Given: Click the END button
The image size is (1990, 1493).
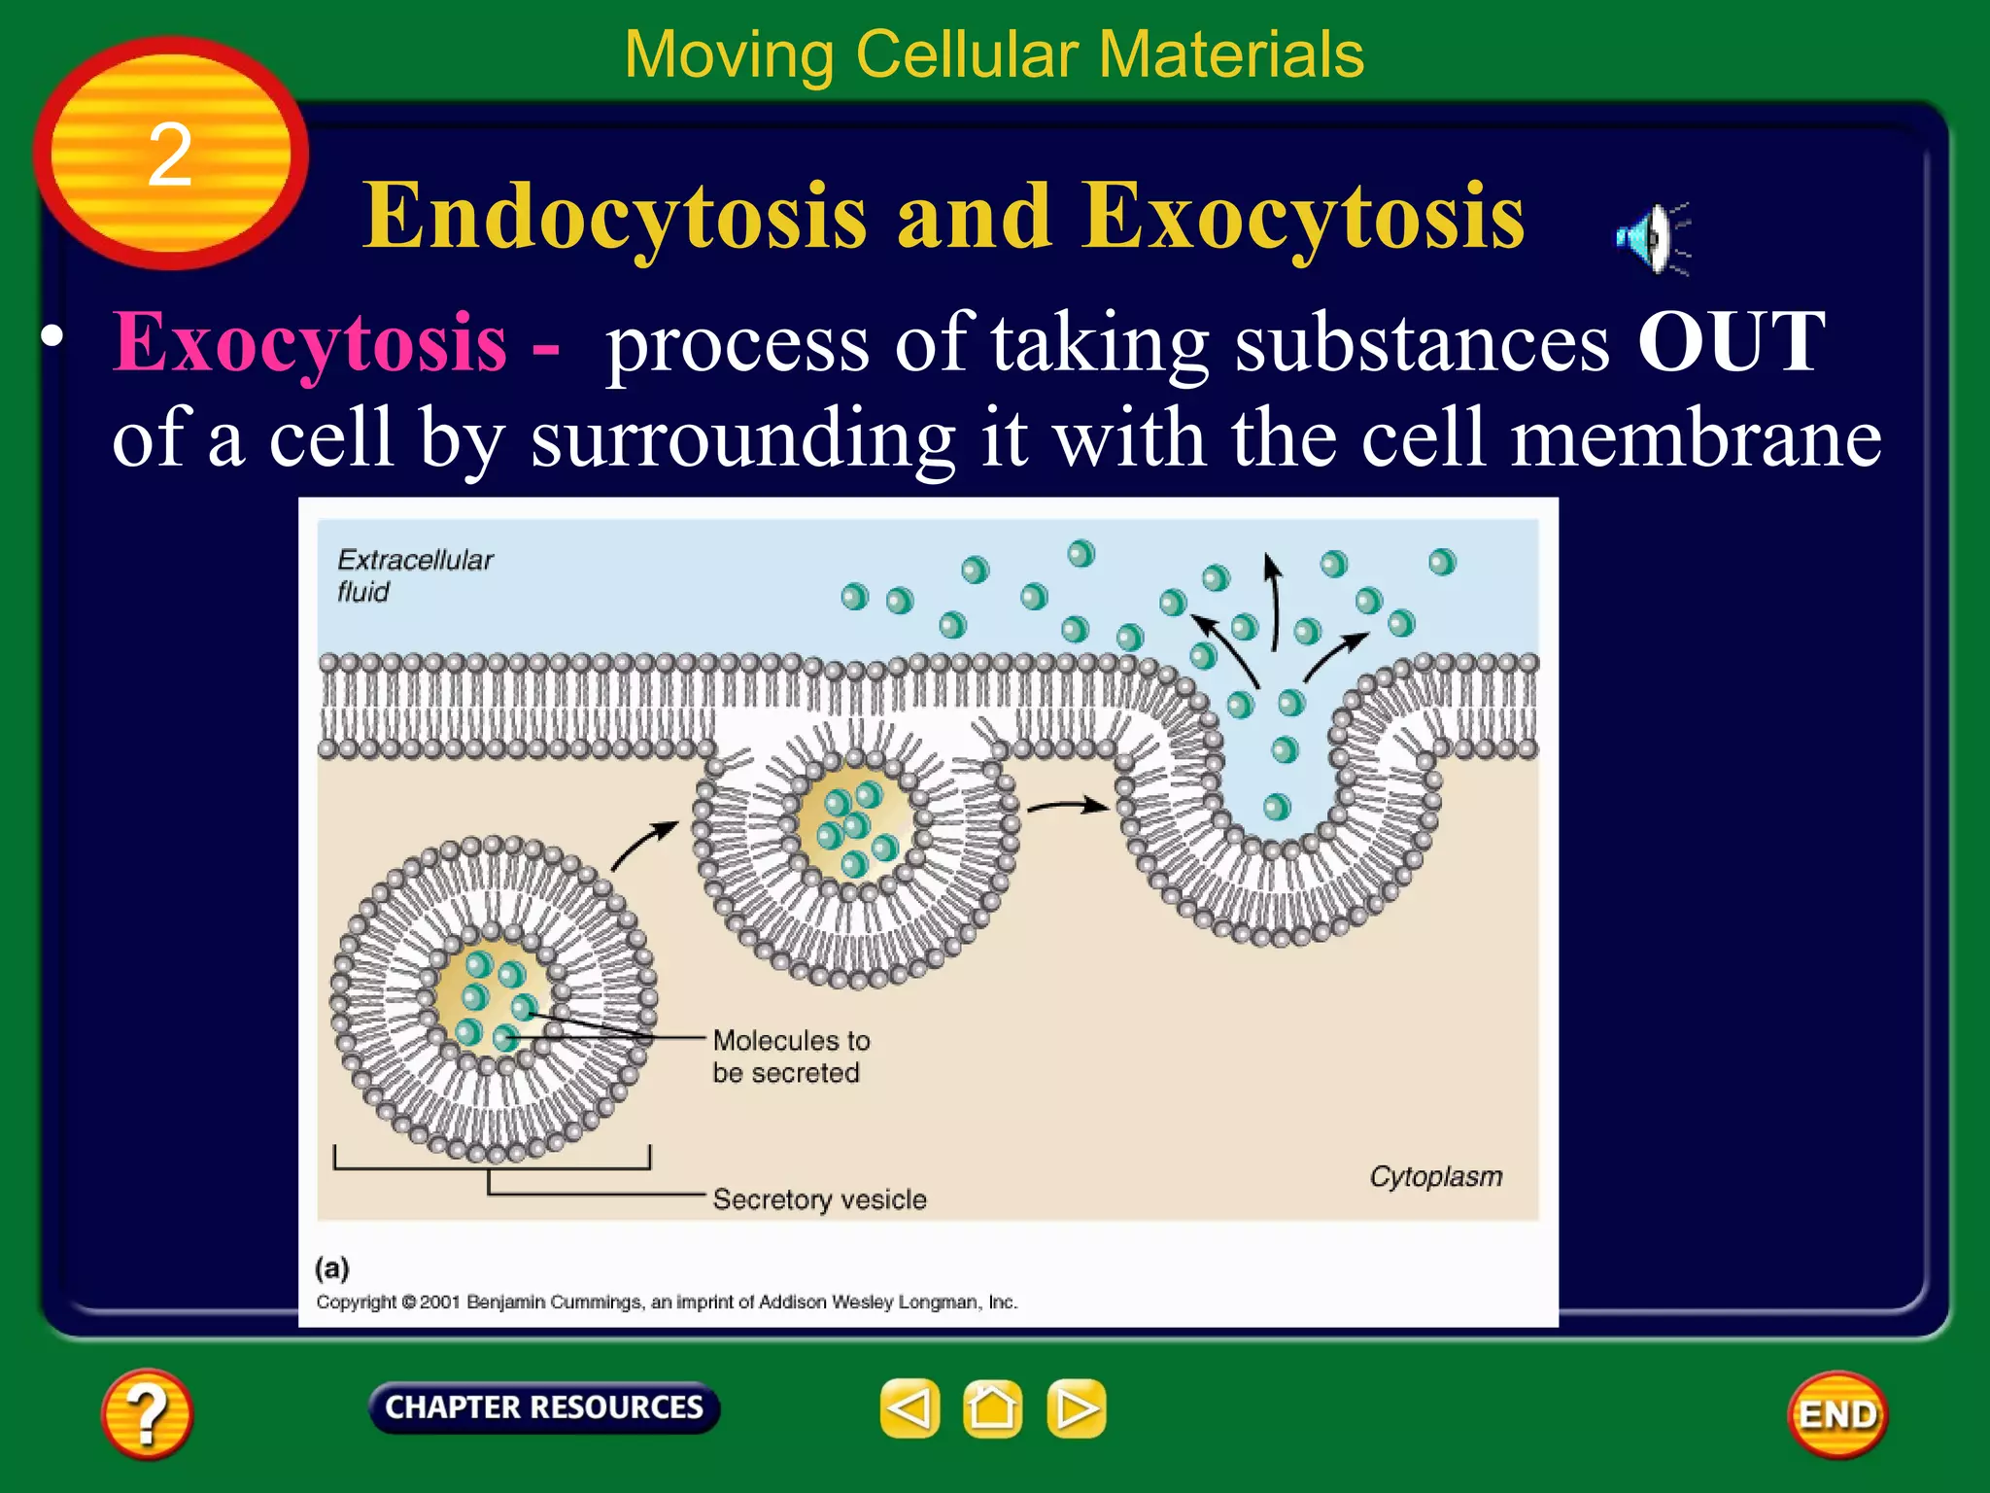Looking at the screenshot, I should (x=1837, y=1414).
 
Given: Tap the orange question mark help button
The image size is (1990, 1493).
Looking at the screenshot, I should (x=147, y=1413).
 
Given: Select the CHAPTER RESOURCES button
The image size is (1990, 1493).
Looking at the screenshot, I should (x=544, y=1407).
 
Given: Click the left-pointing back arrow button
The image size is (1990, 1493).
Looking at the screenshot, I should (x=909, y=1408).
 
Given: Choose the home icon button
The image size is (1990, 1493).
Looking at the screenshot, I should (x=992, y=1408).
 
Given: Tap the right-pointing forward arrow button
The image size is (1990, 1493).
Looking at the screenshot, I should (x=1076, y=1408).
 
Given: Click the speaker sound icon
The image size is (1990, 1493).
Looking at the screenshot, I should (x=1650, y=238).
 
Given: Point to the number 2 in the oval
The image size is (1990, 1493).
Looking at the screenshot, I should (x=170, y=155).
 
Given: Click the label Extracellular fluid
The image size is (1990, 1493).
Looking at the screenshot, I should (x=414, y=575).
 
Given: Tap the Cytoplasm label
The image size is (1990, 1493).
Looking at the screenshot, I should (x=1435, y=1176).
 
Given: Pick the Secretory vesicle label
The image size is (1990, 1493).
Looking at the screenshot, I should (x=819, y=1199).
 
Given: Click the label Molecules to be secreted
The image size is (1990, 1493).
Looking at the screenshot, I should (x=790, y=1057).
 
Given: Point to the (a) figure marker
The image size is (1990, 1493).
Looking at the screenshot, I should (x=331, y=1267).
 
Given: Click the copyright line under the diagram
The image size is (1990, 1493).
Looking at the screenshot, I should (x=667, y=1302).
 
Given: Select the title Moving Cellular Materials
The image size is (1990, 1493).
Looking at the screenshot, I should (x=993, y=54).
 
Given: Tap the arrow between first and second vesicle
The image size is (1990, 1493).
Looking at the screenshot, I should (x=643, y=844).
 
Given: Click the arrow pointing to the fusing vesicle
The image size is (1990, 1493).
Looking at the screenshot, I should (x=1067, y=806).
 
